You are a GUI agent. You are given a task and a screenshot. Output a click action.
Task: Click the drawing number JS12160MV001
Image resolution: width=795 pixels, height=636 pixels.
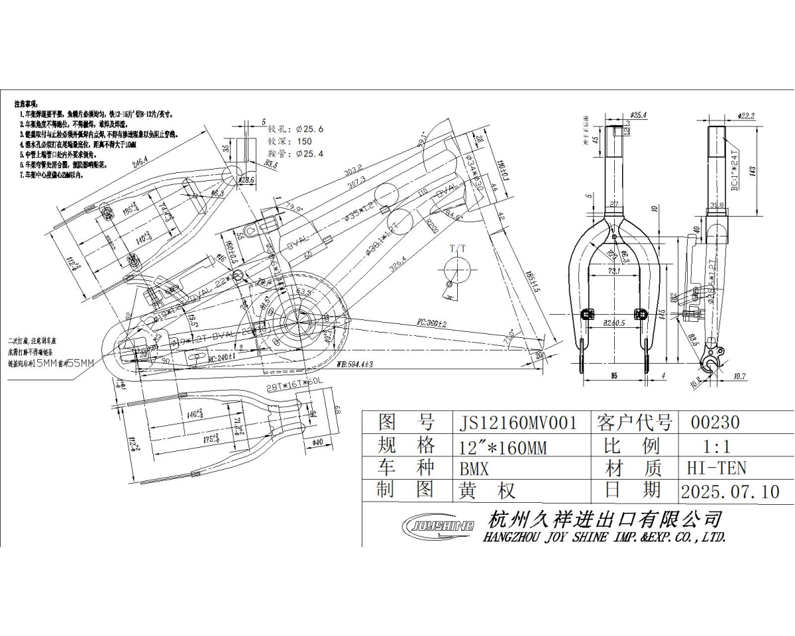pos(518,423)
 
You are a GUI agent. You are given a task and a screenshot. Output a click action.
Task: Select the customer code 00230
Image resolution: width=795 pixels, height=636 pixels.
pos(715,423)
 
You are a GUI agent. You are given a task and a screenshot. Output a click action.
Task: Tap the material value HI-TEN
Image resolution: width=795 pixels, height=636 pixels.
pos(716,468)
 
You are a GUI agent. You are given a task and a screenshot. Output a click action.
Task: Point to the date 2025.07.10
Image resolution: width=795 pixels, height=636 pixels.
pos(729,491)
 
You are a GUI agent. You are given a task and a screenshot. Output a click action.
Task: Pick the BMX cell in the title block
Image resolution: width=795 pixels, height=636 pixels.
pos(474,468)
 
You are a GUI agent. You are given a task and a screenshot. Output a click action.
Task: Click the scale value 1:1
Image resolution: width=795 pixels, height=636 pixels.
pos(717,445)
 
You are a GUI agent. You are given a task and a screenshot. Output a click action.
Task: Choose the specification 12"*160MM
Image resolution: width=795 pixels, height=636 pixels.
pos(503,447)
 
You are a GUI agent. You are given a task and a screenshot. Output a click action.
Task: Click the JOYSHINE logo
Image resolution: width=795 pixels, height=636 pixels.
pos(439,525)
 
